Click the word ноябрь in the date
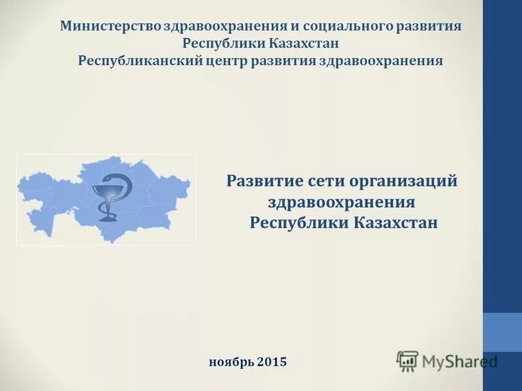tap(232, 361)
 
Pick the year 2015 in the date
tap(272, 361)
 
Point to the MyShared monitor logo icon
tap(407, 361)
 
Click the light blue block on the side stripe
tap(502, 332)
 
